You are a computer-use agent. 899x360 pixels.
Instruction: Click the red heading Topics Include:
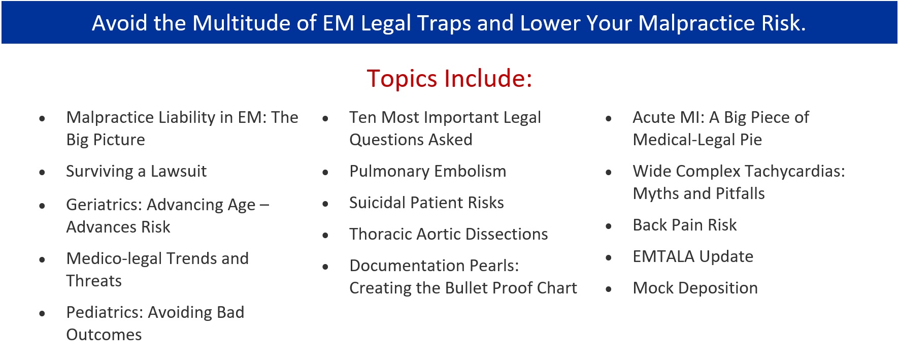click(x=449, y=79)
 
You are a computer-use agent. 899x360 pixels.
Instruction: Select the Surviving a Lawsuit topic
click(x=136, y=172)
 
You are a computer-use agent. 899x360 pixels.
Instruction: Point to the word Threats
click(x=94, y=281)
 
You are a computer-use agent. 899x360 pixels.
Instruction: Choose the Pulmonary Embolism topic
click(x=427, y=172)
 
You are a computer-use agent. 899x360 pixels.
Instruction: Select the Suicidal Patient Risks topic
click(x=426, y=203)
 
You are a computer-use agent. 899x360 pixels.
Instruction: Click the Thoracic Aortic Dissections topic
click(x=448, y=234)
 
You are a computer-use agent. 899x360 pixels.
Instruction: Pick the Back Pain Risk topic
click(x=684, y=225)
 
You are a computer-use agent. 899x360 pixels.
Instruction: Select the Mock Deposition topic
click(x=695, y=288)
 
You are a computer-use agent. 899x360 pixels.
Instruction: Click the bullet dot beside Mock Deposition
click(x=609, y=289)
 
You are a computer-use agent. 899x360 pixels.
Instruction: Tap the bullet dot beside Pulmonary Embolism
click(x=325, y=173)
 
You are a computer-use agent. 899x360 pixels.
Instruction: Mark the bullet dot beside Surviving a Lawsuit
click(x=42, y=173)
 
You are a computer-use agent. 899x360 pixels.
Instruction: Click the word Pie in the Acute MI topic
click(x=751, y=140)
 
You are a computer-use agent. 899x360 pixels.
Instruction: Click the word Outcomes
click(x=104, y=335)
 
